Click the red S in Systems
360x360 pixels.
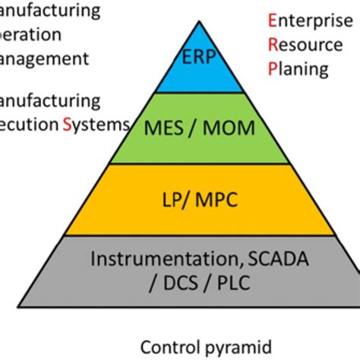[66, 124]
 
